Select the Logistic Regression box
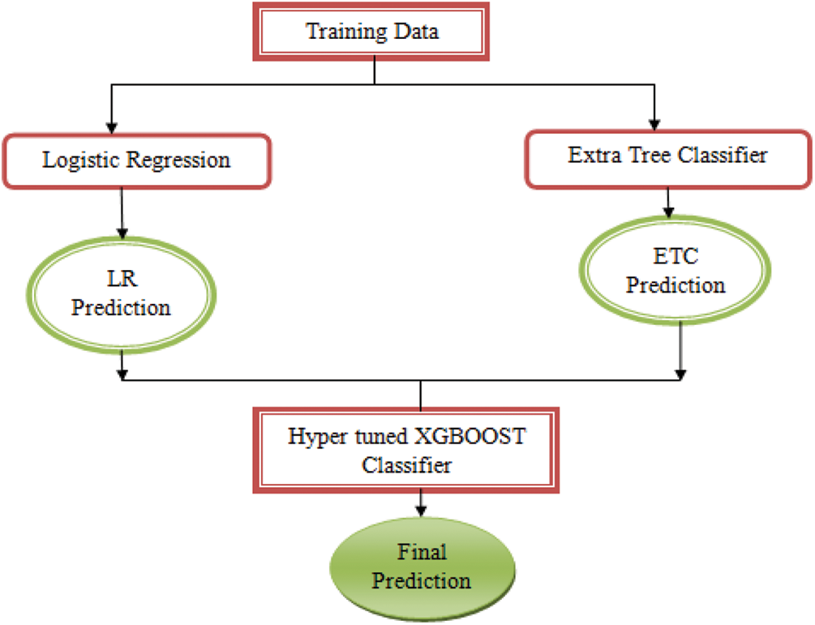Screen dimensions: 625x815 click(137, 160)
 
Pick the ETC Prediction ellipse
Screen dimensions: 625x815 click(676, 272)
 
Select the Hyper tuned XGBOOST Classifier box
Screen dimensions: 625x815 click(408, 451)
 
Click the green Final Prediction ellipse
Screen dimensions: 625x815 click(422, 567)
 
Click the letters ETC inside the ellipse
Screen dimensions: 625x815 click(676, 258)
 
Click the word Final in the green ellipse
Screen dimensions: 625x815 click(422, 553)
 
